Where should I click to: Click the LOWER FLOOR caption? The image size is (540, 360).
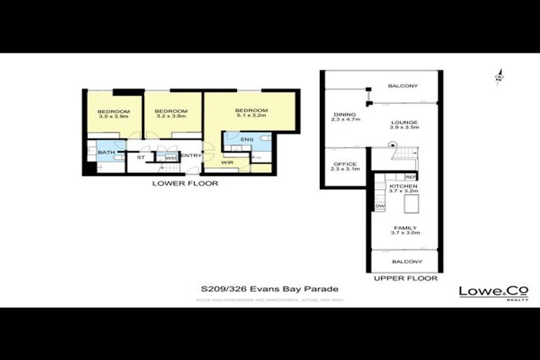(x=186, y=184)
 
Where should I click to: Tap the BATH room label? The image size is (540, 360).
(x=106, y=153)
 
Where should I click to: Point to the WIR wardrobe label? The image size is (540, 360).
(x=226, y=163)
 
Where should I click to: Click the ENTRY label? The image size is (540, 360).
(x=190, y=156)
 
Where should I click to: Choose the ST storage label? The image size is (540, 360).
(x=140, y=157)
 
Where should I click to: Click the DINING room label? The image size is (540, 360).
(x=345, y=115)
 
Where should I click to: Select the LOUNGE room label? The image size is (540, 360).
(x=404, y=122)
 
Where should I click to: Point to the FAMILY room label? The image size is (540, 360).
(x=406, y=228)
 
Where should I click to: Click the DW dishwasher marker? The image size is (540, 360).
(x=380, y=206)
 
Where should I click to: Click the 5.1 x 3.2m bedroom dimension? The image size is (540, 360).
(x=251, y=116)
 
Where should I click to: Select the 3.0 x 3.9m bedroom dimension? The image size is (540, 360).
(x=113, y=117)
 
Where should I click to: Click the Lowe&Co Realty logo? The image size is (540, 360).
(x=494, y=292)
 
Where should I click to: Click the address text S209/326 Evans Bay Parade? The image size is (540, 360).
(x=270, y=289)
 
